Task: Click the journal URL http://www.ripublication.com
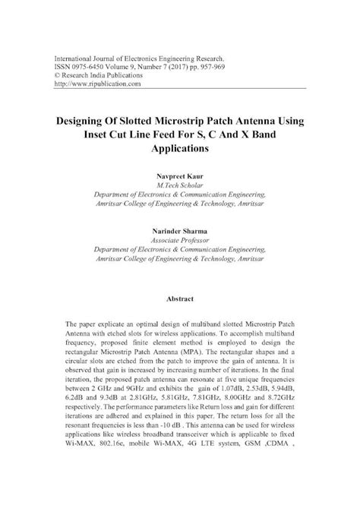[93, 84]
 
